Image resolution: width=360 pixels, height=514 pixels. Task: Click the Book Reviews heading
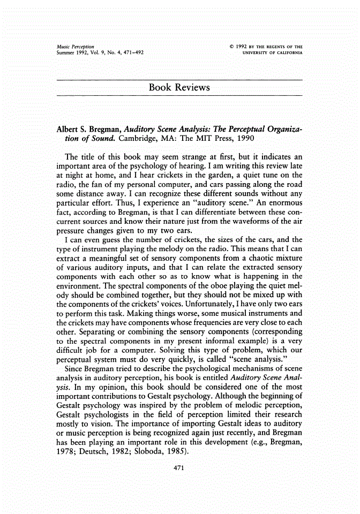pyautogui.click(x=179, y=87)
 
